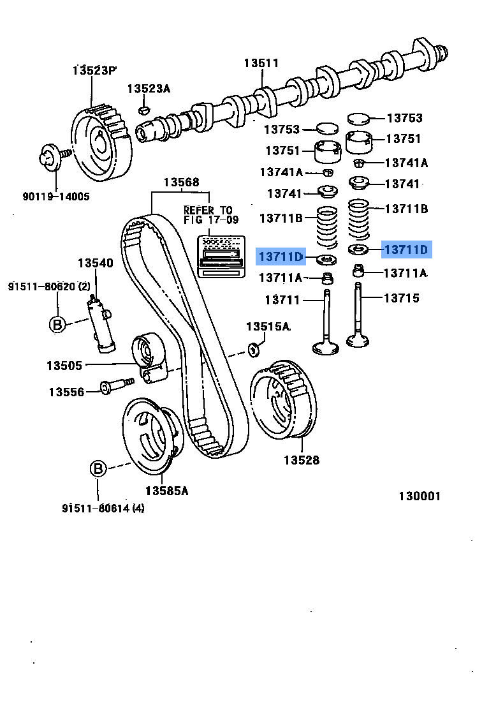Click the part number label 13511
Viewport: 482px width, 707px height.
tap(261, 63)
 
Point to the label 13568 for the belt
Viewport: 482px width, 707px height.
tap(181, 182)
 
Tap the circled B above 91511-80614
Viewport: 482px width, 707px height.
tap(97, 470)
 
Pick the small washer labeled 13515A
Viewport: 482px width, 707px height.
tap(254, 348)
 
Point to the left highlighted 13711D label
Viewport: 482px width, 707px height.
tap(280, 257)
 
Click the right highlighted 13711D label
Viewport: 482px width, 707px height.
tap(406, 249)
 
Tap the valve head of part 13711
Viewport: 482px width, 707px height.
tap(328, 347)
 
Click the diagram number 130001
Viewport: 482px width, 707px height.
tap(420, 496)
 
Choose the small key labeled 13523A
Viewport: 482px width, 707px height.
tap(145, 110)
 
